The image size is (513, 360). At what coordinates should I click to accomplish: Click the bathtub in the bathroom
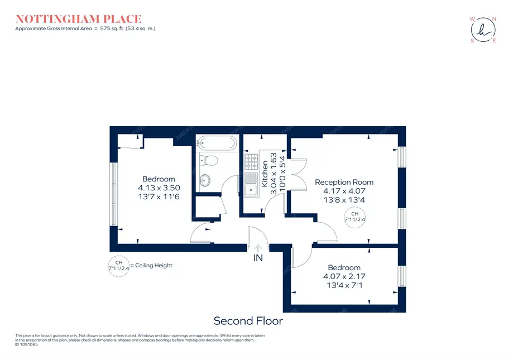tap(217, 143)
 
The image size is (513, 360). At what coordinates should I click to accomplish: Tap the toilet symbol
tap(210, 161)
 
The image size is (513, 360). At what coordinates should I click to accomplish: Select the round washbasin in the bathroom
tap(205, 180)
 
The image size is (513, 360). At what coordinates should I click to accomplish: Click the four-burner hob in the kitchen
tap(251, 161)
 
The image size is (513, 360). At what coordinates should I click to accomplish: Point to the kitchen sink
tap(251, 184)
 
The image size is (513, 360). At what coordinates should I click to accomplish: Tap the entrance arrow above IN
tap(258, 248)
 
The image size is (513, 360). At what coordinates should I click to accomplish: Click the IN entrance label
tap(258, 258)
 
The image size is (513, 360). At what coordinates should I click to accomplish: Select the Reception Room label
tap(344, 182)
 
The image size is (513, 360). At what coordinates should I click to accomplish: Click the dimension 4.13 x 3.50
tap(159, 188)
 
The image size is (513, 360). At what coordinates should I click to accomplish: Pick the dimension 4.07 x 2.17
tap(344, 276)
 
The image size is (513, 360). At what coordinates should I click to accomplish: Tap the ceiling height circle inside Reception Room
tap(354, 217)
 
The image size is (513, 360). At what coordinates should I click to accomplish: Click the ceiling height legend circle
tap(118, 266)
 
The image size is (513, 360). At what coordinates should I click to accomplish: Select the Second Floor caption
tap(248, 321)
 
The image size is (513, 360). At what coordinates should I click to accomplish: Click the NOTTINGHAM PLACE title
tap(78, 19)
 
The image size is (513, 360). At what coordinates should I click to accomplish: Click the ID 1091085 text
tap(26, 344)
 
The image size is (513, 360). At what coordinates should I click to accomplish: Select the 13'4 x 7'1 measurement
tap(344, 285)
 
